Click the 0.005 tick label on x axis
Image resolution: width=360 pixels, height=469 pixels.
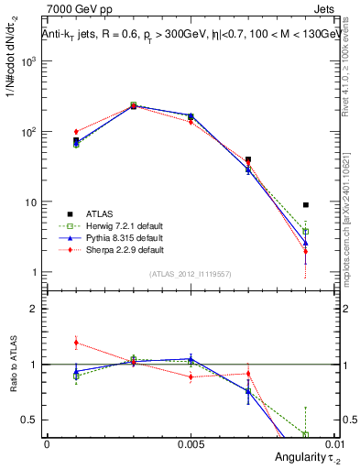(x=190, y=443)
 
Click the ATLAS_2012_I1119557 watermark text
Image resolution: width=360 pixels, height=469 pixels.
(x=190, y=274)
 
